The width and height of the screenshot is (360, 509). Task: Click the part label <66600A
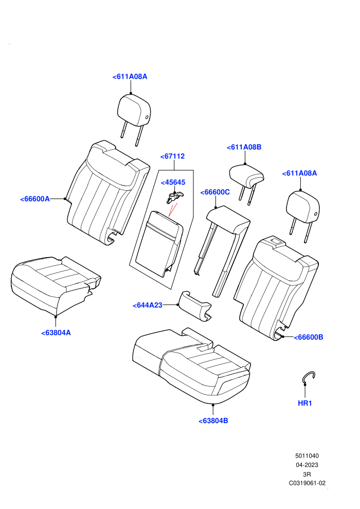(x=35, y=199)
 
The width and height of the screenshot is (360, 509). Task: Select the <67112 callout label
(x=172, y=156)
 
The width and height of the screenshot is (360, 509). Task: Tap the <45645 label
(x=173, y=183)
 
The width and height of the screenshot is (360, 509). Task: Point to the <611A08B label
(x=244, y=147)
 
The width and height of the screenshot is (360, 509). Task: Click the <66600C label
(x=215, y=192)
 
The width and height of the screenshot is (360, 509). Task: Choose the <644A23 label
(x=148, y=305)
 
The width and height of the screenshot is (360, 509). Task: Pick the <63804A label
(x=56, y=333)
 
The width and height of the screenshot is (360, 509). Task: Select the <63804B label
(x=213, y=421)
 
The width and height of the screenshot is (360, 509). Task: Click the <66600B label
(x=309, y=337)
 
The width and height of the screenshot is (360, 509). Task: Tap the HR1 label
(x=305, y=403)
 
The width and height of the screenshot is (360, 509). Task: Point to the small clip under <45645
(x=174, y=197)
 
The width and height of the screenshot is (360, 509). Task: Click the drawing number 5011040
(x=307, y=456)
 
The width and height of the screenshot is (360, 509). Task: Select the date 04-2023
(x=307, y=465)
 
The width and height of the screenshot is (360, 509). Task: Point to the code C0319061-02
(x=307, y=483)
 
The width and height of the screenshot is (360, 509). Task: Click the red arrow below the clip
(x=173, y=209)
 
